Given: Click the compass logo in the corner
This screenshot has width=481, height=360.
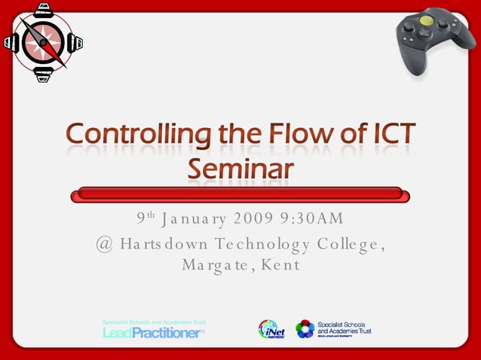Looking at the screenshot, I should [x=42, y=43].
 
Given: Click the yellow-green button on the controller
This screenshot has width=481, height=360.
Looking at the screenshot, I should [x=426, y=22].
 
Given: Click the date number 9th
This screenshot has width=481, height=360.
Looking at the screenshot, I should [x=146, y=219].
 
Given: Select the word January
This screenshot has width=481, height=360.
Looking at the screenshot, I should [x=194, y=219].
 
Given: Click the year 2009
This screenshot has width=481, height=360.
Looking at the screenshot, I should [x=254, y=219].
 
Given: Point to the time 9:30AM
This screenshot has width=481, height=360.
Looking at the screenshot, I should [x=311, y=219].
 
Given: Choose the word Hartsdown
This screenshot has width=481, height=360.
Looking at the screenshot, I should [x=161, y=244].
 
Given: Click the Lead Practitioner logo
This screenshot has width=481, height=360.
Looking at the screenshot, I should [x=154, y=330].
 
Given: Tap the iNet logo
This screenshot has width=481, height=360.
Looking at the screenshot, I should [x=271, y=330].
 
